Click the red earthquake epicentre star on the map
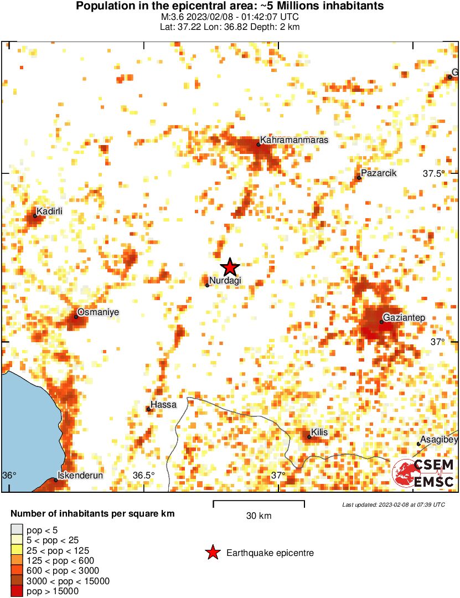[230, 267]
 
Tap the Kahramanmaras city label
[294, 140]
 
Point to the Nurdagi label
[225, 281]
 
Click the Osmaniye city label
[98, 312]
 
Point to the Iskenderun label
[80, 475]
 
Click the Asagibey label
[439, 440]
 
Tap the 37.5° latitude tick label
[434, 173]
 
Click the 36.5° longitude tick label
[144, 475]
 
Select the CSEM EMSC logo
[423, 473]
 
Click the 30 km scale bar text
[259, 516]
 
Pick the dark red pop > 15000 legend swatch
[17, 591]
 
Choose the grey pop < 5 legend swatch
[17, 530]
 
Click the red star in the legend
[211, 553]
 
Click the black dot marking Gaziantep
[381, 322]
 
